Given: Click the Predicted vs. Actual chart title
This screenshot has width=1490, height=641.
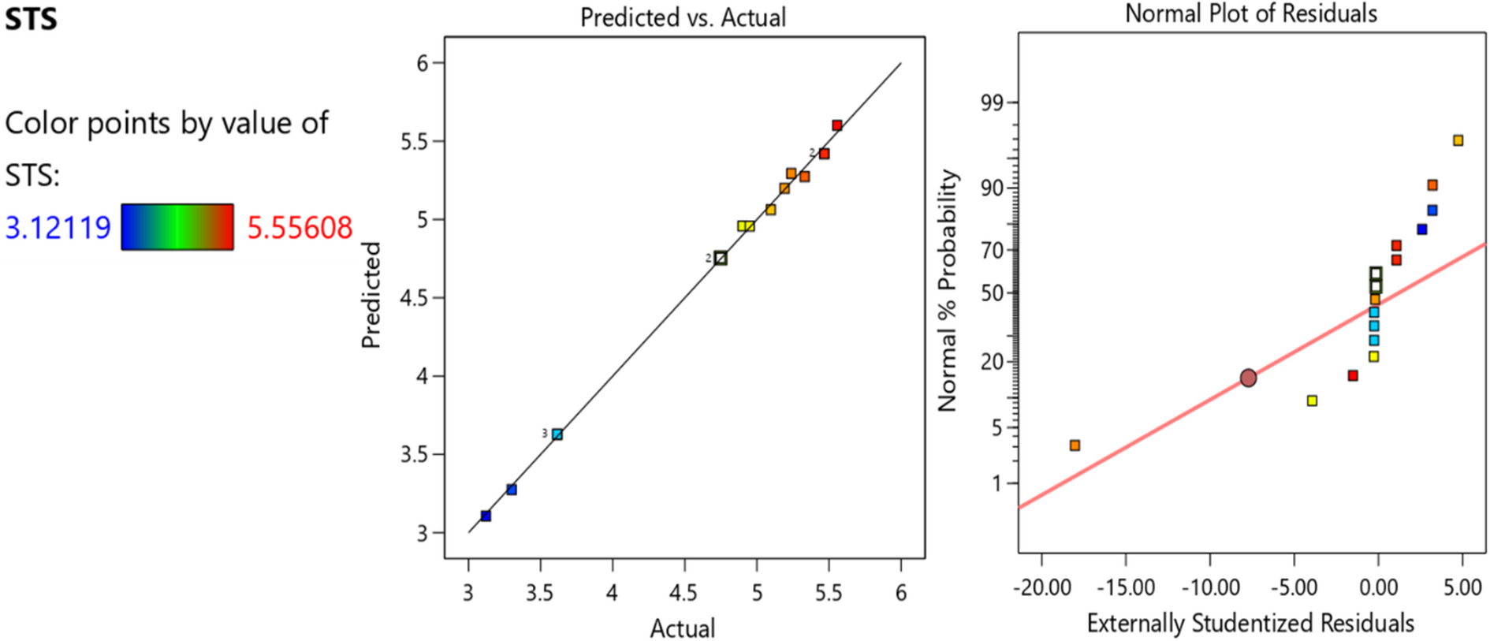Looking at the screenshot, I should pyautogui.click(x=683, y=17).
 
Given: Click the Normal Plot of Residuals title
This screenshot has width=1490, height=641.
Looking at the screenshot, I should pyautogui.click(x=1250, y=13).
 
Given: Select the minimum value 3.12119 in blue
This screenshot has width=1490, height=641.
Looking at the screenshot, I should pyautogui.click(x=58, y=228).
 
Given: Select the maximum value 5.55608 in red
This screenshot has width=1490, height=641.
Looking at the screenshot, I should pyautogui.click(x=300, y=228).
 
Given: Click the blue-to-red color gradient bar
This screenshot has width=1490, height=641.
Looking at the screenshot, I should pyautogui.click(x=177, y=227).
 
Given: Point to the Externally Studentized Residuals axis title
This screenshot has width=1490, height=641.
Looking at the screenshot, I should pyautogui.click(x=1250, y=623).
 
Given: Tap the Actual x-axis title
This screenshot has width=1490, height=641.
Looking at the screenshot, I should pyautogui.click(x=683, y=628).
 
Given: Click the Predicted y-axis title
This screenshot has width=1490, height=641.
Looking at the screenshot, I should pyautogui.click(x=371, y=295).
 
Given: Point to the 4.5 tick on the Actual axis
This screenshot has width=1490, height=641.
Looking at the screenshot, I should pyautogui.click(x=684, y=592).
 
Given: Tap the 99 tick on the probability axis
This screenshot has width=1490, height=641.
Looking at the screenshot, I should pyautogui.click(x=993, y=103).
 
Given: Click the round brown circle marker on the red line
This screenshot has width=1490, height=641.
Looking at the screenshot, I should pyautogui.click(x=1248, y=378).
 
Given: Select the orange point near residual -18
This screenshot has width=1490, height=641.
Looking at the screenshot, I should pyautogui.click(x=1075, y=445).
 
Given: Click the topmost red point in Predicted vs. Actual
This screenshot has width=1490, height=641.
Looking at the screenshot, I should pyautogui.click(x=837, y=125).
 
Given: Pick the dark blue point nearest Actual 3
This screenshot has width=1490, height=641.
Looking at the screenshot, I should pyautogui.click(x=486, y=516).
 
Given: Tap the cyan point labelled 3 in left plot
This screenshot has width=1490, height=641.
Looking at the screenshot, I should pyautogui.click(x=557, y=434).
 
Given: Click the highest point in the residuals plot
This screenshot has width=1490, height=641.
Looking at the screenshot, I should pyautogui.click(x=1458, y=140).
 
